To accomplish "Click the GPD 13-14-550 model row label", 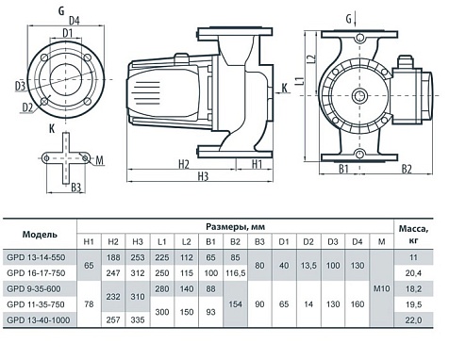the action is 36,257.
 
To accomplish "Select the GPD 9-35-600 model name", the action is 34,289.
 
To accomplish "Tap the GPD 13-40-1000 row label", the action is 39,320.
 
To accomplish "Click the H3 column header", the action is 138,242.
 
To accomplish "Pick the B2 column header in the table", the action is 235,242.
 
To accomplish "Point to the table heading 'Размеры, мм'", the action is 235,226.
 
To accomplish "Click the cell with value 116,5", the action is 235,273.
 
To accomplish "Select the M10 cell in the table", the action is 382,288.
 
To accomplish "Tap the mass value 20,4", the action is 413,273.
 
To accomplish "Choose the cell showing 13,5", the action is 308,266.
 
